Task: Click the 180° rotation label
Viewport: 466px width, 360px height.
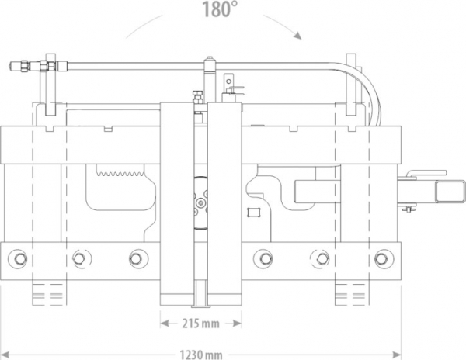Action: (220, 9)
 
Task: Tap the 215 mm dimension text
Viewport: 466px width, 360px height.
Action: (200, 324)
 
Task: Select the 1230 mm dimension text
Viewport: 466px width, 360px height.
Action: (201, 355)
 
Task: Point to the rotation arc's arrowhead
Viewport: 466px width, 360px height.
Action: (297, 36)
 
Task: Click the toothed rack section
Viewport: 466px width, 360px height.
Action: (120, 171)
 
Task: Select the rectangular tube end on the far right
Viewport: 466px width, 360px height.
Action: (450, 192)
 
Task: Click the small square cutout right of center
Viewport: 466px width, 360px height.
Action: (254, 213)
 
